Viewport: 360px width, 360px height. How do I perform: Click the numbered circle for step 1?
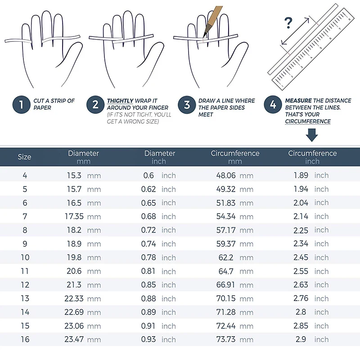[x=21, y=105]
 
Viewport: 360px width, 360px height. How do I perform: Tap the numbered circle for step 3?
[x=187, y=105]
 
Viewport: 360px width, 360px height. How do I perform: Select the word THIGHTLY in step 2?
[x=120, y=101]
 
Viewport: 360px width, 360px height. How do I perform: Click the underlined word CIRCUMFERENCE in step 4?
[x=308, y=121]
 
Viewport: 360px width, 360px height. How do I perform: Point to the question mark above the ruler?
[x=288, y=23]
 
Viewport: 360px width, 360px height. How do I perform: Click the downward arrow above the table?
[x=312, y=135]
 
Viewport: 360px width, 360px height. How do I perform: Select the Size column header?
[x=24, y=157]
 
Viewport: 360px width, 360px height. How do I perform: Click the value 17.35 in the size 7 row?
[x=74, y=216]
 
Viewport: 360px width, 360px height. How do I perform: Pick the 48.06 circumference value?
[x=226, y=175]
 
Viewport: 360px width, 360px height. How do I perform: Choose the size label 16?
[x=25, y=339]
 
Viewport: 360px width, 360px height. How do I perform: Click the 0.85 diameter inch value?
[x=148, y=285]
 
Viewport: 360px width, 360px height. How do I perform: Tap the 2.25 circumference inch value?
[x=301, y=230]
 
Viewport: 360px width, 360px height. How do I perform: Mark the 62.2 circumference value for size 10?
[x=226, y=257]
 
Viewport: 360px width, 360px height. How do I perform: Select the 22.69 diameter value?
[x=74, y=312]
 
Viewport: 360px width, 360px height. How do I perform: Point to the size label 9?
[x=25, y=243]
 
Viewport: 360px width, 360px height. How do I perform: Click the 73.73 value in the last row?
[x=226, y=339]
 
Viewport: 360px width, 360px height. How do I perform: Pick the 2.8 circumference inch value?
[x=301, y=312]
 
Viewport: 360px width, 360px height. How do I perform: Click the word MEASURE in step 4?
[x=298, y=100]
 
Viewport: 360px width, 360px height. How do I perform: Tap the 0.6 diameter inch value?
[x=148, y=175]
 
